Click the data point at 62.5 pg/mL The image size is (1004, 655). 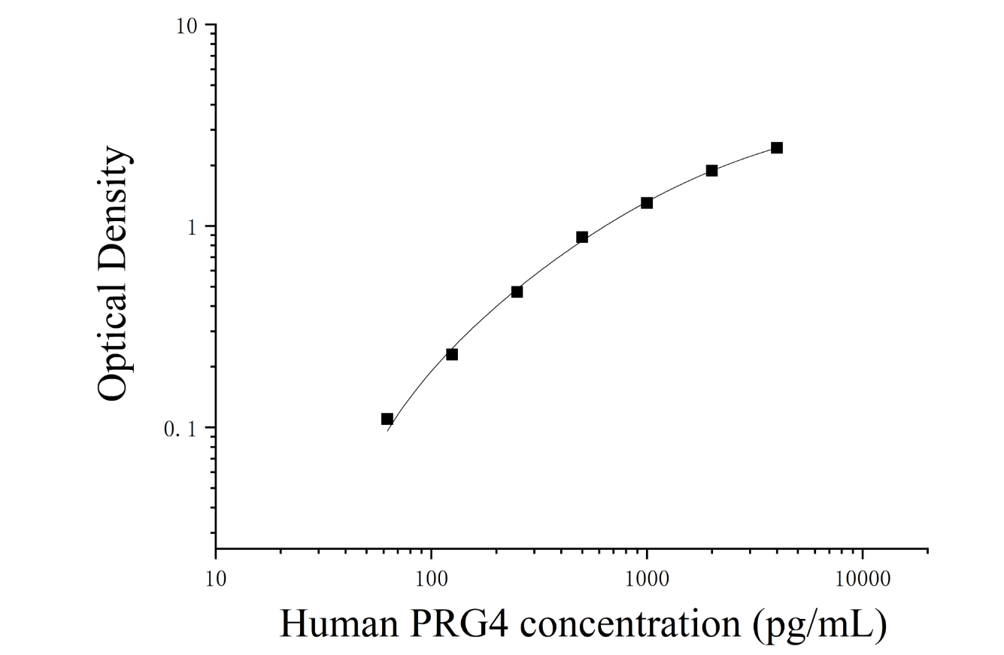(x=387, y=419)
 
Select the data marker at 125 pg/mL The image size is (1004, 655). (x=452, y=354)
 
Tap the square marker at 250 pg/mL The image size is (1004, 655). (x=517, y=292)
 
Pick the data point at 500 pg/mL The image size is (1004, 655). (x=582, y=237)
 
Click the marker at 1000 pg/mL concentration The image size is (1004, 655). (x=646, y=203)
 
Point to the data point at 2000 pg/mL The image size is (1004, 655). (x=711, y=171)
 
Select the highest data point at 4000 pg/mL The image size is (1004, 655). (x=777, y=148)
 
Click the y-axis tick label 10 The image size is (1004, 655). (x=187, y=26)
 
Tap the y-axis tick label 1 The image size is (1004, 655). (x=193, y=228)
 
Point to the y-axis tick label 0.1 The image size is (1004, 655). (x=180, y=429)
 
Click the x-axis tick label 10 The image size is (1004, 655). (x=216, y=579)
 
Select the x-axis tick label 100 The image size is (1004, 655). (x=431, y=579)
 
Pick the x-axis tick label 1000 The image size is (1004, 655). (x=647, y=579)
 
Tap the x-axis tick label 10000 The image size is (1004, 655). (x=863, y=579)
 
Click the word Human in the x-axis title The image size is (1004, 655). (x=339, y=623)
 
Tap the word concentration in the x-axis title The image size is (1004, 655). (x=630, y=624)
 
